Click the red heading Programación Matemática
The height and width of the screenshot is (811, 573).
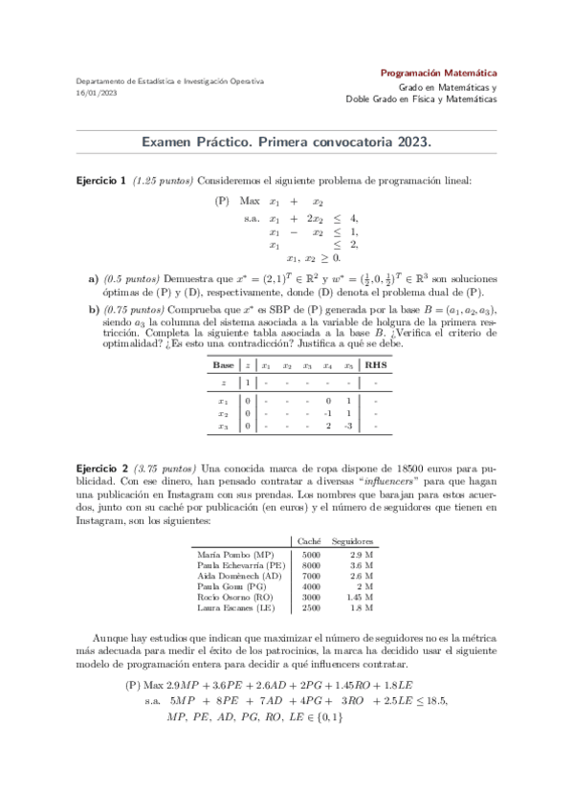tap(439, 73)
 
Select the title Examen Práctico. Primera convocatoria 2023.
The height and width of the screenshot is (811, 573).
tap(286, 141)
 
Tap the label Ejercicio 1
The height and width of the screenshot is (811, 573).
tap(100, 182)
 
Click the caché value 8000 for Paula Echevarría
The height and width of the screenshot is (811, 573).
tap(311, 565)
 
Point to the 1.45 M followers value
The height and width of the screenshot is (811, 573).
tap(359, 597)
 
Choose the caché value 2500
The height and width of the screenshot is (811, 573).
tap(311, 607)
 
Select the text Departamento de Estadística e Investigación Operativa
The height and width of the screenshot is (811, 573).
tap(169, 82)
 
